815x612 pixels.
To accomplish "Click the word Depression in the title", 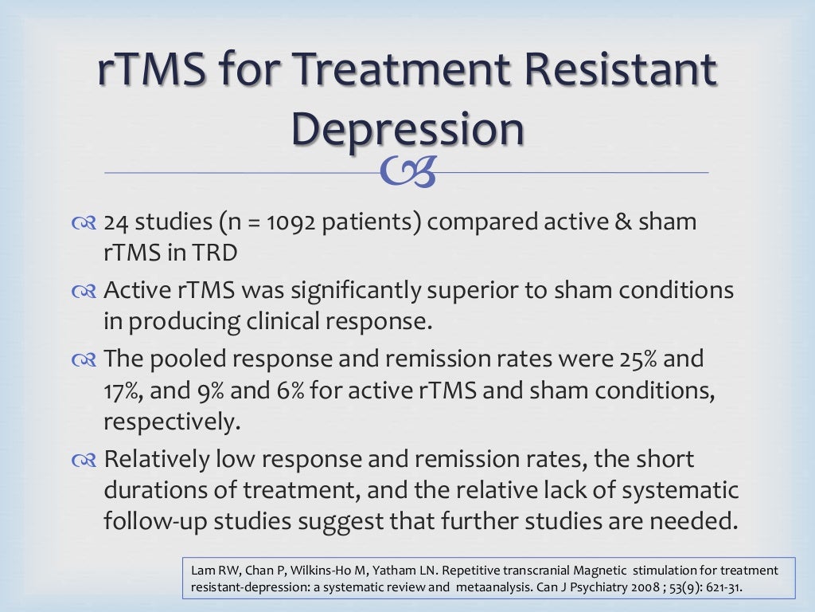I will pyautogui.click(x=407, y=129).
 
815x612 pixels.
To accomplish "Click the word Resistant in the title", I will pyautogui.click(x=625, y=70).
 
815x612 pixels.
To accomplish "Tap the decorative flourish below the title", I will pyautogui.click(x=407, y=173).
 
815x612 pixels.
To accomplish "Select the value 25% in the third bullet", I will pyautogui.click(x=633, y=359).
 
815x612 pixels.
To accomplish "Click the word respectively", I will pyautogui.click(x=172, y=422).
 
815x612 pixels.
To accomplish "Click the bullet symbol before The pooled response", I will pyautogui.click(x=84, y=360).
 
